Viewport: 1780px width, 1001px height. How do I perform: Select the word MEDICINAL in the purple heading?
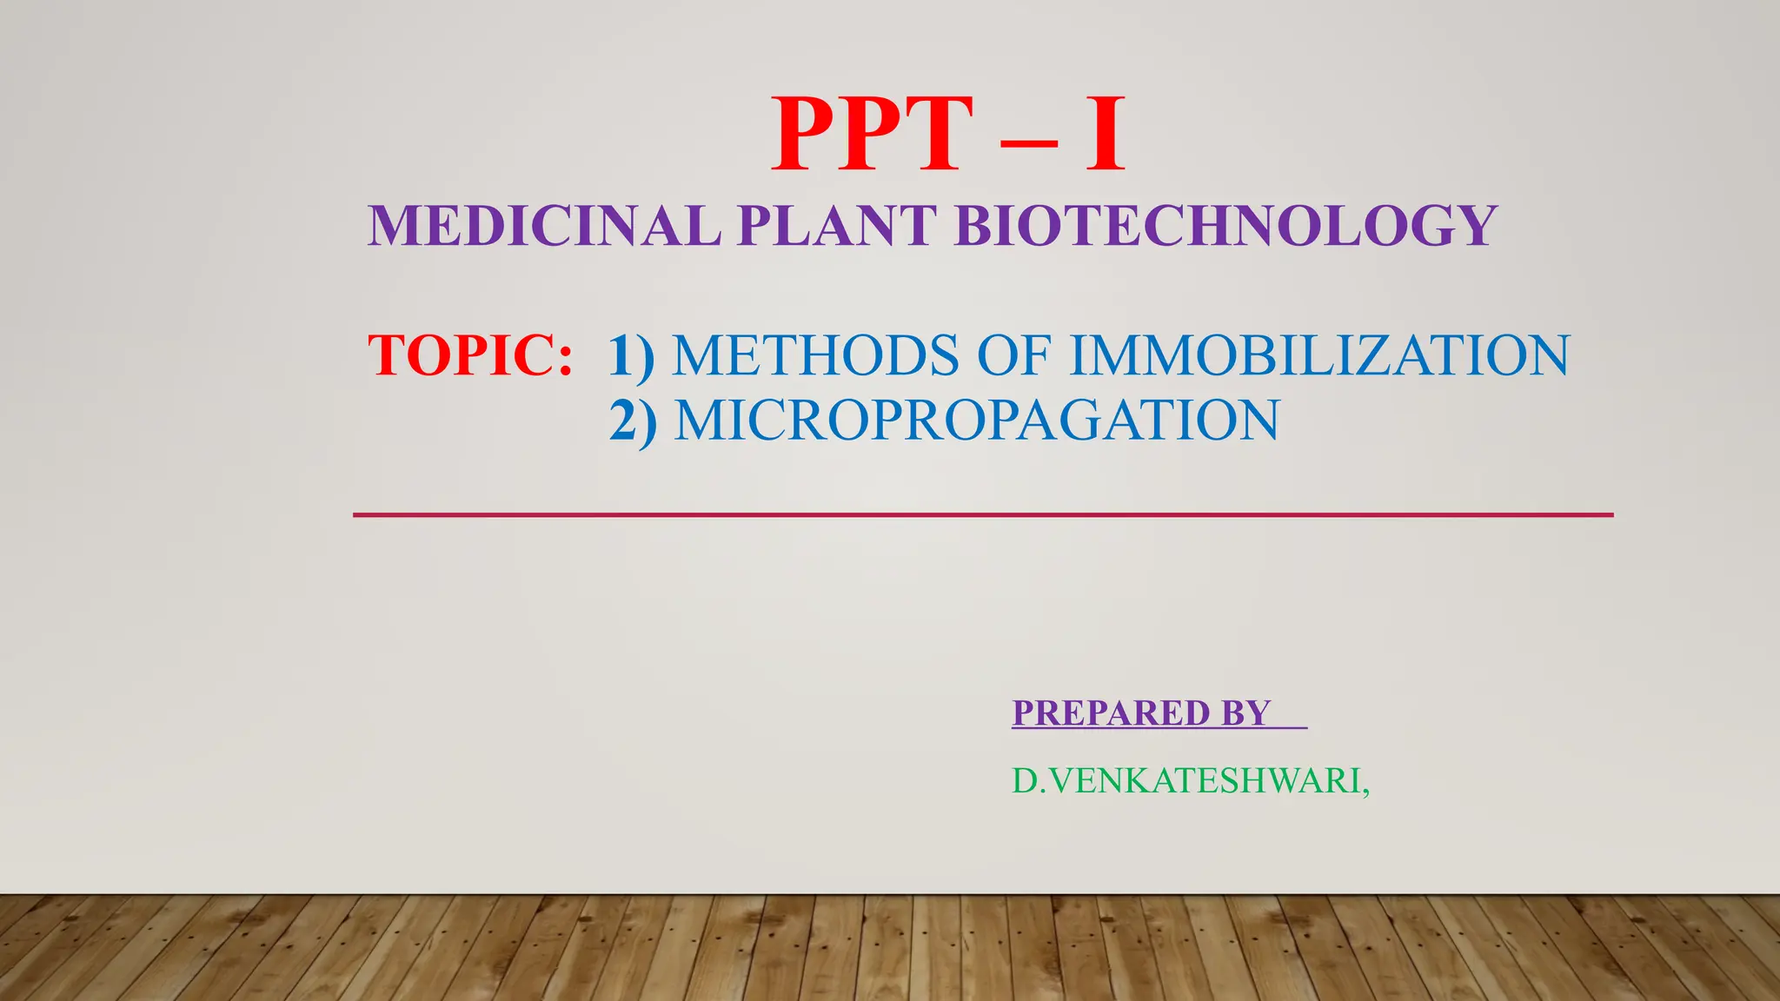[x=544, y=226]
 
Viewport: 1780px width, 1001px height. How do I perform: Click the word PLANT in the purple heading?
[x=837, y=226]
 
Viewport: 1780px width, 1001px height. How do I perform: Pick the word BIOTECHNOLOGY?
[x=1225, y=226]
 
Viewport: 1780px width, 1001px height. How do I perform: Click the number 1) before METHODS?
[x=631, y=356]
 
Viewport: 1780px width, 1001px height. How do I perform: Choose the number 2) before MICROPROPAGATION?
[x=633, y=421]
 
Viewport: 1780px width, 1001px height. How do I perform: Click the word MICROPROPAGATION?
[x=977, y=420]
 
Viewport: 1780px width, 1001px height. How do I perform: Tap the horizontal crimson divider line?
[x=982, y=515]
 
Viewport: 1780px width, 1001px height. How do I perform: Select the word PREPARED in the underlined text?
[x=1112, y=713]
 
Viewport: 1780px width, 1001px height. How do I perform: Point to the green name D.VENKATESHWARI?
[x=1186, y=781]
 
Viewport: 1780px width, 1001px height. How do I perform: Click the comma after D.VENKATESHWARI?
[x=1366, y=791]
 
